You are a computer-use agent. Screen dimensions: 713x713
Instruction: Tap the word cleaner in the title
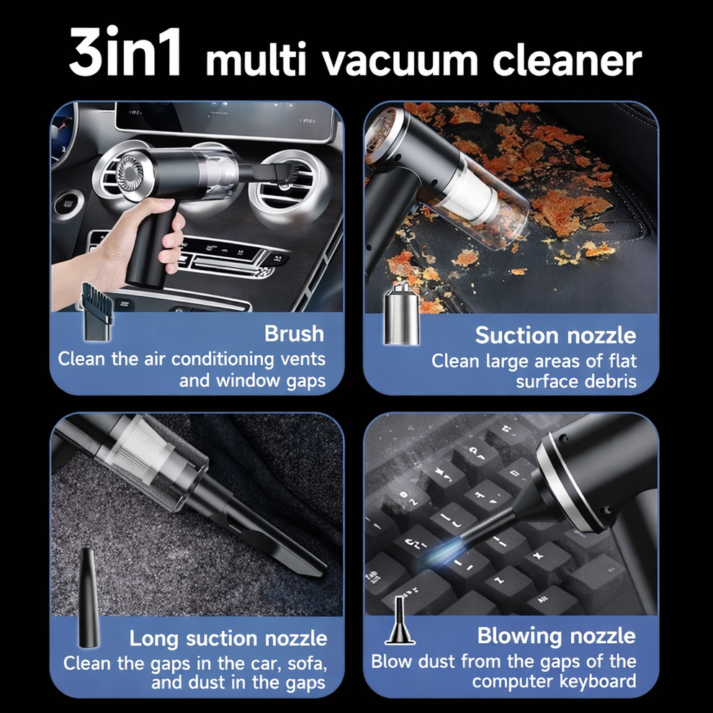click(568, 60)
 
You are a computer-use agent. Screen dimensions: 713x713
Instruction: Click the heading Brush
click(294, 334)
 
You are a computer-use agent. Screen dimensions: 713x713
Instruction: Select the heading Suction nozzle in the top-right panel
click(555, 335)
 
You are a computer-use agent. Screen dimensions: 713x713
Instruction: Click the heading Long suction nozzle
click(228, 638)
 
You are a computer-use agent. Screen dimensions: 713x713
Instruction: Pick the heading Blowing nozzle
click(556, 636)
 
